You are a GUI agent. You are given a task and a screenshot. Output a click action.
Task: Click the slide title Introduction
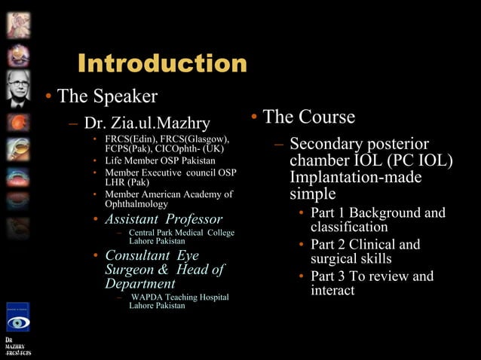point(161,63)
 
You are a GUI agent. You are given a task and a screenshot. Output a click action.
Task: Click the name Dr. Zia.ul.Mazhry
point(147,123)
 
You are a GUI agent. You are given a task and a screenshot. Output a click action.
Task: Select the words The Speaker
point(107,96)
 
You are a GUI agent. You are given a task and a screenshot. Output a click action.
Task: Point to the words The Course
point(308,117)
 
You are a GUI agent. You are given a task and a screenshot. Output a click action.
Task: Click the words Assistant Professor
point(164,219)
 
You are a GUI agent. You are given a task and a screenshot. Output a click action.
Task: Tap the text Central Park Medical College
point(182,233)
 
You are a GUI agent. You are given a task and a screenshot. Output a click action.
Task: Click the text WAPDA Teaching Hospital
point(179,297)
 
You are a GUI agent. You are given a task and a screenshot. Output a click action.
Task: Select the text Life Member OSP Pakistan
point(160,160)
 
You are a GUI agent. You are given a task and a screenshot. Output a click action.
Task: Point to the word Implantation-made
point(355,178)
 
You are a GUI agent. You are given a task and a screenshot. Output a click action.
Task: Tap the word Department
point(140,284)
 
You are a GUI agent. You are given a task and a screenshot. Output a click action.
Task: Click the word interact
point(332,290)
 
